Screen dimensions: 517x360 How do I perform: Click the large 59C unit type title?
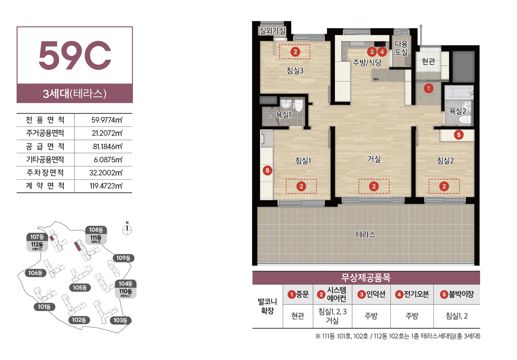click(x=75, y=56)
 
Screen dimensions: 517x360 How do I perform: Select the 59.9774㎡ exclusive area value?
click(x=107, y=120)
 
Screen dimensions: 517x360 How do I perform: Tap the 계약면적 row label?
click(x=45, y=186)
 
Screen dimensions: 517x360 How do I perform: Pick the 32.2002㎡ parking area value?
click(x=106, y=173)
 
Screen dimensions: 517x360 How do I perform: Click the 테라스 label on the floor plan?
click(x=366, y=235)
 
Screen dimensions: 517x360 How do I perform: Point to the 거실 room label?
click(x=374, y=159)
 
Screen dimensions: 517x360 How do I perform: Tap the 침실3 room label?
click(x=295, y=71)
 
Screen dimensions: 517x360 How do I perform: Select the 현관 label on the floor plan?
click(x=429, y=62)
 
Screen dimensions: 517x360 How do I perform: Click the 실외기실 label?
click(x=273, y=31)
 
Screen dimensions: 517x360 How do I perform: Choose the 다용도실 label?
click(x=401, y=48)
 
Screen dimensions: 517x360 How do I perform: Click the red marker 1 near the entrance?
click(x=429, y=88)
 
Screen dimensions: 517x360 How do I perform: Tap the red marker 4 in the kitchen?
click(x=382, y=52)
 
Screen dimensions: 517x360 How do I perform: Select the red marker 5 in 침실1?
click(x=267, y=171)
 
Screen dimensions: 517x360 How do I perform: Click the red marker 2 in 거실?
click(x=374, y=186)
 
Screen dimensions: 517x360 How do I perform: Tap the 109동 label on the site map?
click(x=123, y=258)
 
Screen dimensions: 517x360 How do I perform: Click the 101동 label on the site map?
click(x=44, y=307)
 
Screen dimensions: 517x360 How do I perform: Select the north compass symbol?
click(x=127, y=229)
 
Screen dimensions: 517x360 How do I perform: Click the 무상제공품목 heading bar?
click(x=366, y=278)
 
